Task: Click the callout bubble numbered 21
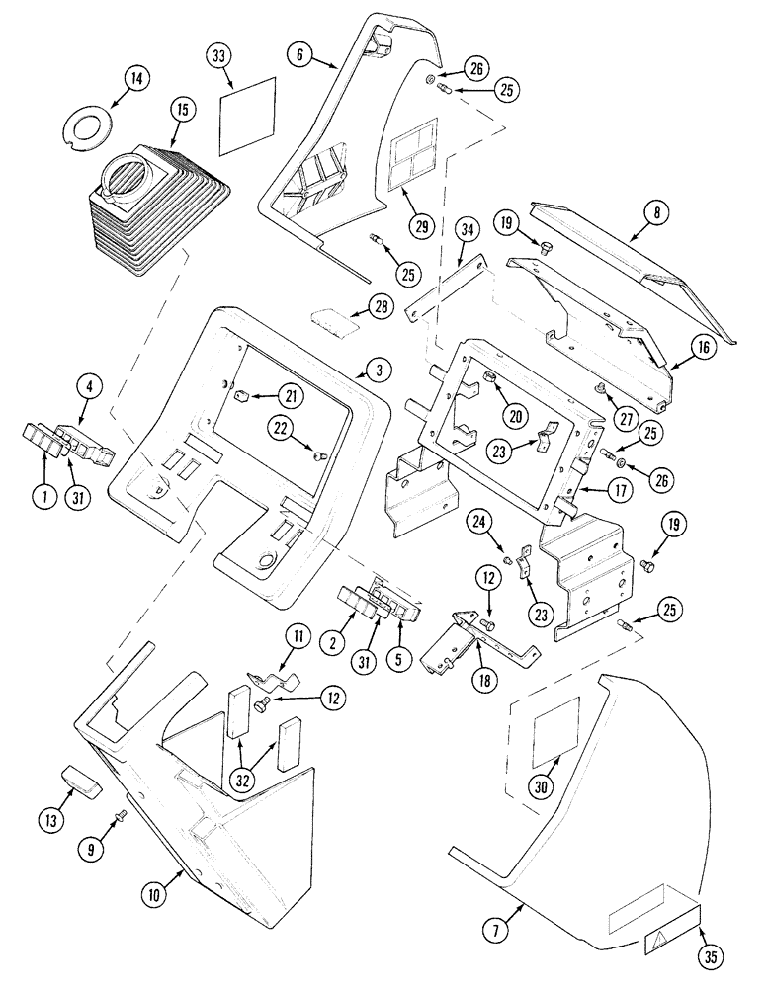click(x=290, y=396)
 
